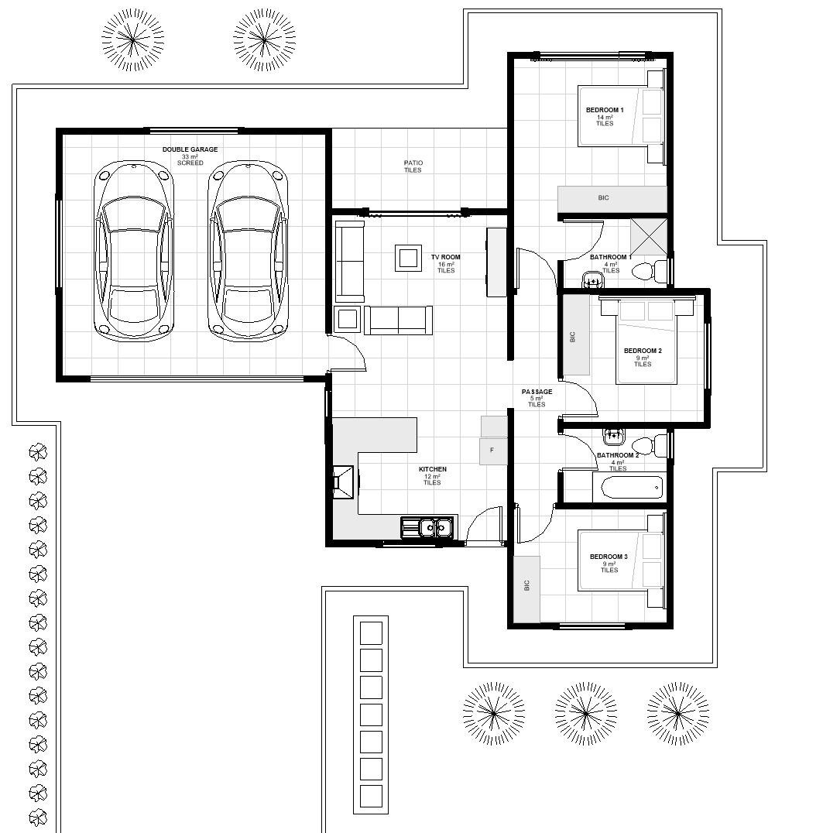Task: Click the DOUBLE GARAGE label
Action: coord(190,149)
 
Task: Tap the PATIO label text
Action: coord(413,163)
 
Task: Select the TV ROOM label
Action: coord(446,257)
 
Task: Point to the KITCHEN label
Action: coord(433,469)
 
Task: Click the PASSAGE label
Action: coord(537,392)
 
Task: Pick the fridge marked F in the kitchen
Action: coord(493,451)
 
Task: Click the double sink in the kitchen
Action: coord(427,527)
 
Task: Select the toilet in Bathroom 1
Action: coord(650,271)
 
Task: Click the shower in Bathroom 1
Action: coord(649,236)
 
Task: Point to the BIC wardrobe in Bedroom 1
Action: coord(612,199)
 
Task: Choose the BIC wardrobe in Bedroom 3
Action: coord(526,588)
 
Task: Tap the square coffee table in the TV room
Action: coord(408,258)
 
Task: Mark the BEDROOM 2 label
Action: coord(643,351)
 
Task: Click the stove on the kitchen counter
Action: coord(343,482)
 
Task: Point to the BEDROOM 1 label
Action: coord(605,110)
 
